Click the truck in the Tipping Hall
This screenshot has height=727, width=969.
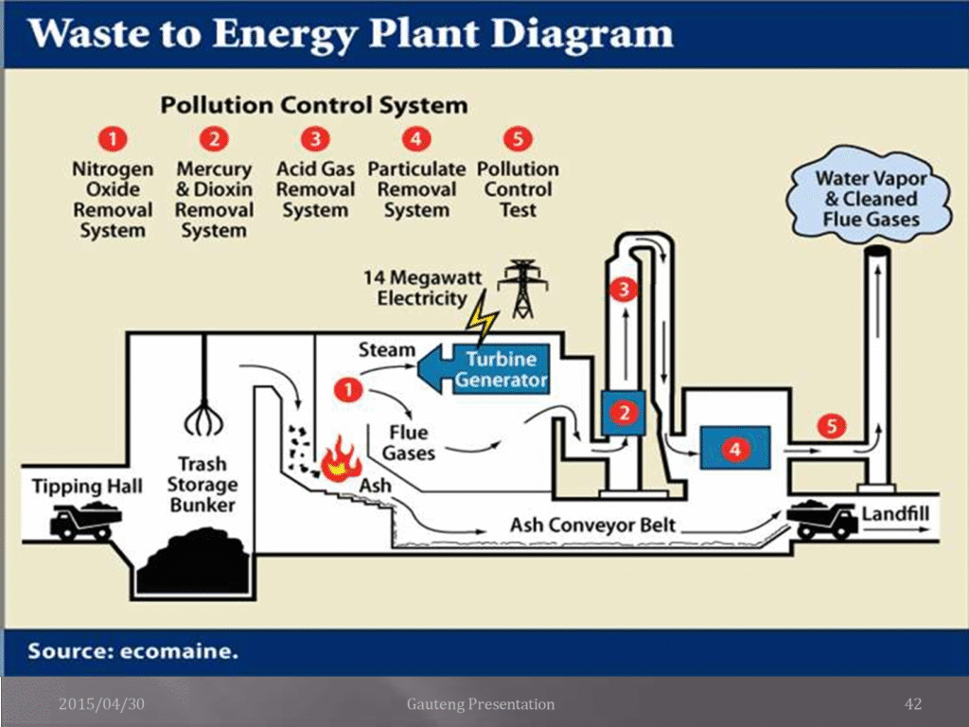pyautogui.click(x=86, y=521)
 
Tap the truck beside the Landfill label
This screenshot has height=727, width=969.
pyautogui.click(x=821, y=519)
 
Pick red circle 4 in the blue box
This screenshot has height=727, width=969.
pyautogui.click(x=735, y=449)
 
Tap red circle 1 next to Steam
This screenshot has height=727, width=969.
pyautogui.click(x=349, y=388)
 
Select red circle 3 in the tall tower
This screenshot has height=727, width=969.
pyautogui.click(x=623, y=291)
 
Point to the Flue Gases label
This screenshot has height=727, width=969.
pyautogui.click(x=410, y=442)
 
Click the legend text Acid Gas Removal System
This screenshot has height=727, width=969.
pyautogui.click(x=315, y=189)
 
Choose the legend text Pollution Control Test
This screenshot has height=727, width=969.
pyautogui.click(x=518, y=189)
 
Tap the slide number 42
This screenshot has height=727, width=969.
pyautogui.click(x=913, y=703)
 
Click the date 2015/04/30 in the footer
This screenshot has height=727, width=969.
pyautogui.click(x=102, y=703)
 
